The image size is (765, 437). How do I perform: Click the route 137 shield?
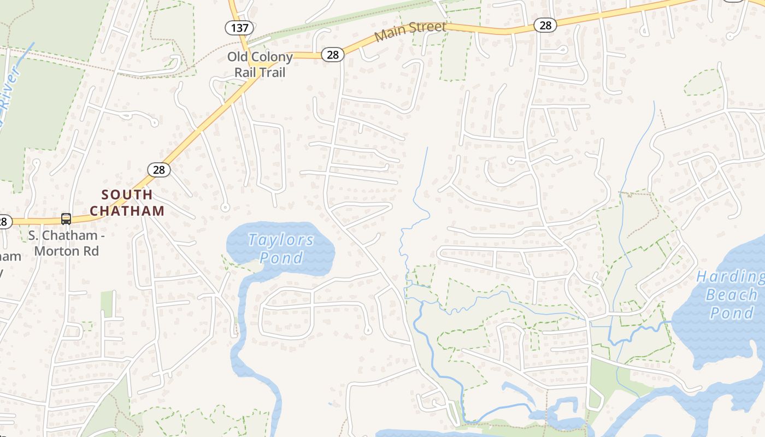click(238, 28)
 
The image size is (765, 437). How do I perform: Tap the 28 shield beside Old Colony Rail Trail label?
click(332, 55)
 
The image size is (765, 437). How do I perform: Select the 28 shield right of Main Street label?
click(545, 25)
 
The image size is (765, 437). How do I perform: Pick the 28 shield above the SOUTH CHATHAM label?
click(158, 170)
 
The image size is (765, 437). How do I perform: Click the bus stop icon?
click(66, 219)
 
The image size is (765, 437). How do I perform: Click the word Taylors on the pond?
click(281, 240)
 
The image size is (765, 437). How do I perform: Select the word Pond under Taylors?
click(281, 257)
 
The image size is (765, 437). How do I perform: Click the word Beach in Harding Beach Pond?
click(731, 295)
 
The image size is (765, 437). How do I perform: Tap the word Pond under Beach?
click(731, 313)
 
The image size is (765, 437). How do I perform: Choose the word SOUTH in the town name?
click(127, 194)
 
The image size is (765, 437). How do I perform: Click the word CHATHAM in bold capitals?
click(127, 211)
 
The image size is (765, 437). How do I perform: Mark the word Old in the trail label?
click(238, 57)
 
